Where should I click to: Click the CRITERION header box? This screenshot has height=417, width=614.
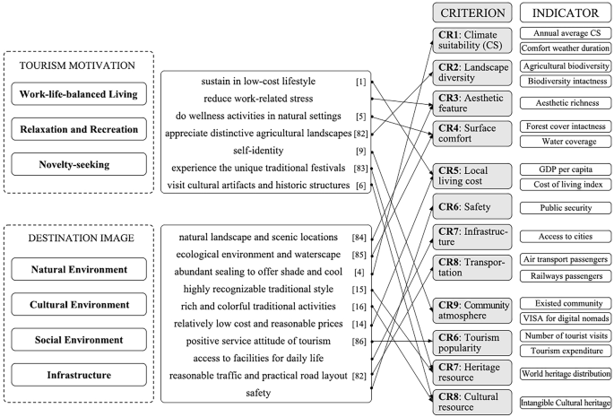click(471, 14)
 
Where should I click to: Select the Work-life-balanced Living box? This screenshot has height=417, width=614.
click(80, 94)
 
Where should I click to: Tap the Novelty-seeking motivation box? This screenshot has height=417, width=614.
click(80, 163)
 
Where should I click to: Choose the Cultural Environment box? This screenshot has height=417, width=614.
click(80, 304)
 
